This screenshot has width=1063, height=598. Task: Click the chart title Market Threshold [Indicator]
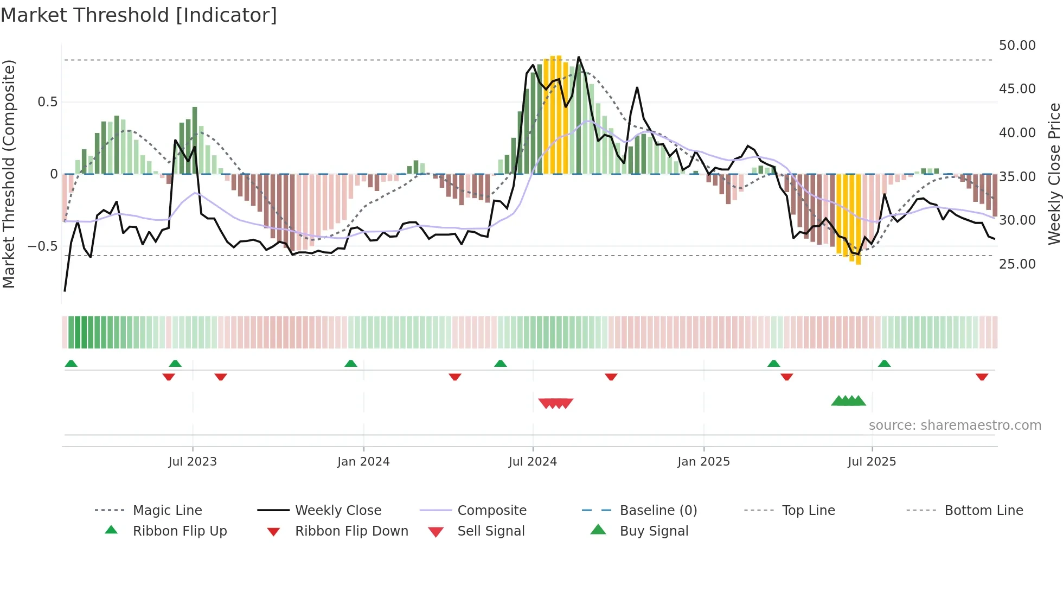[x=139, y=15]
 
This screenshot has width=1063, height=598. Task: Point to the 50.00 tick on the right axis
[x=1017, y=46]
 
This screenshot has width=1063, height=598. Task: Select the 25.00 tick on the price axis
[x=1017, y=264]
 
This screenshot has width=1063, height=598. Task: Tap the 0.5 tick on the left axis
[x=47, y=102]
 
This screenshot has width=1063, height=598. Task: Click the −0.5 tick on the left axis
[x=42, y=246]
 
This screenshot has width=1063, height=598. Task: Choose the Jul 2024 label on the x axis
[x=533, y=462]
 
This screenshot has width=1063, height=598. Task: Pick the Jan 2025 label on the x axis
[x=703, y=462]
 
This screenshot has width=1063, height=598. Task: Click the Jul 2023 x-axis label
[x=193, y=462]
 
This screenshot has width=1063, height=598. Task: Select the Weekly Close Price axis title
[x=1053, y=174]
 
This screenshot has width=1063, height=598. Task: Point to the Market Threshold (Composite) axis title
[x=9, y=174]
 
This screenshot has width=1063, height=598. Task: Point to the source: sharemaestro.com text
[x=955, y=425]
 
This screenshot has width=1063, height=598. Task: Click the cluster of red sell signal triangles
[x=556, y=403]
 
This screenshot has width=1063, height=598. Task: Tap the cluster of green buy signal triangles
[x=848, y=401]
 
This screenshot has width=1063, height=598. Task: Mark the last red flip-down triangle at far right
[x=982, y=377]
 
